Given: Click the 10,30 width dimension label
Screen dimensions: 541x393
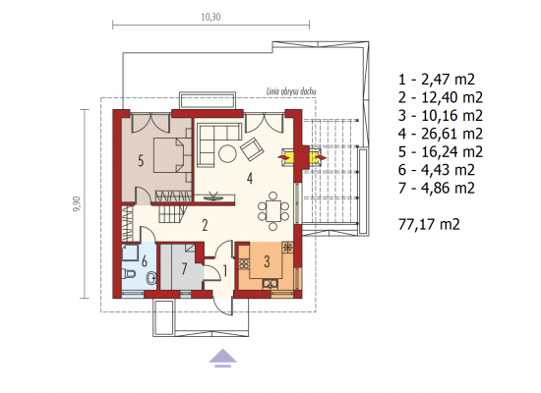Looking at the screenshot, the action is click(210, 17).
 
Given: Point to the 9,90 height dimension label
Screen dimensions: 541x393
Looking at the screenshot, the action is click(77, 203).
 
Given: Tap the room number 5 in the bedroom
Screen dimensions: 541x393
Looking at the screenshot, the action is click(141, 161).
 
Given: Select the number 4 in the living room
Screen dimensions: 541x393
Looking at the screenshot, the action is click(250, 178).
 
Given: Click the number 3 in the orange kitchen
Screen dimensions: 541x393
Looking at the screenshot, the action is click(267, 261).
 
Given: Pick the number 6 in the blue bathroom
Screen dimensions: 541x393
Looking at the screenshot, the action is click(145, 261).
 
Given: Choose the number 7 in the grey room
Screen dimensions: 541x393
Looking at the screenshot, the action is click(184, 269).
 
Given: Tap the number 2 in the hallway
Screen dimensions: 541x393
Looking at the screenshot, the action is click(205, 225).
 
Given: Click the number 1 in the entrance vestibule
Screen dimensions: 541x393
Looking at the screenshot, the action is click(225, 271).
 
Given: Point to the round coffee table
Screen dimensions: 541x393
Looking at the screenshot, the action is click(228, 153).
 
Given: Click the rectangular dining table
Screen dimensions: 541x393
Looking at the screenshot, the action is click(272, 211).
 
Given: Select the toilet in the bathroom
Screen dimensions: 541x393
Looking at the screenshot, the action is click(128, 274).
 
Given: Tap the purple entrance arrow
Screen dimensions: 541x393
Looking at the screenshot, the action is click(223, 358).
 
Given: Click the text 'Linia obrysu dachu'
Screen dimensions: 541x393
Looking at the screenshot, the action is click(291, 91).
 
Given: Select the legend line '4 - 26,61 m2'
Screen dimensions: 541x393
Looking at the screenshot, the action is click(441, 134).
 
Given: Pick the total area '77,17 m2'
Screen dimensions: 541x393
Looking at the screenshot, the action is click(429, 224).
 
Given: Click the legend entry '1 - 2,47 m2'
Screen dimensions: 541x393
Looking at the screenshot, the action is click(437, 80).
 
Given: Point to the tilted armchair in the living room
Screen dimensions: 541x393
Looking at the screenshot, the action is click(252, 149).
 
